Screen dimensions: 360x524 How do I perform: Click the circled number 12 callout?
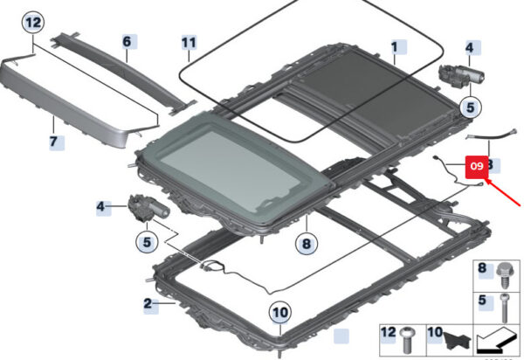pyautogui.click(x=31, y=22)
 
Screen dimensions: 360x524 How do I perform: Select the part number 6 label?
pyautogui.click(x=126, y=41)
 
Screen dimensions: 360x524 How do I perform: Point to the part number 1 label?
pyautogui.click(x=394, y=45)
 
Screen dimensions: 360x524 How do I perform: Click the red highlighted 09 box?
pyautogui.click(x=477, y=165)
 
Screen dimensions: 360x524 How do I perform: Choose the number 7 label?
pyautogui.click(x=52, y=141)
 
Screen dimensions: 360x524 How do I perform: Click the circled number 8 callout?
pyautogui.click(x=307, y=246)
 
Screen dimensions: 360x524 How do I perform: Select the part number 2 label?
pyautogui.click(x=148, y=304)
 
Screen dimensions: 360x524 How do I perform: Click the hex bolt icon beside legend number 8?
pyautogui.click(x=504, y=273)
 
